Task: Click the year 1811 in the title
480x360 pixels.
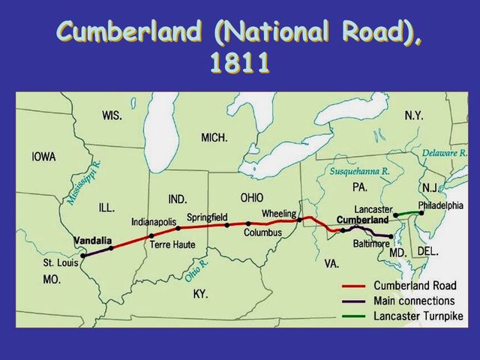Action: click(239, 61)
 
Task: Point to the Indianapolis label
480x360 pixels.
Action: click(153, 222)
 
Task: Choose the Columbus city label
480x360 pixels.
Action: click(262, 232)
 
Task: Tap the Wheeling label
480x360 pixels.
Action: click(279, 214)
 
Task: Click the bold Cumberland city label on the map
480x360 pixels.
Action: click(363, 220)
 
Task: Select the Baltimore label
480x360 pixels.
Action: click(371, 244)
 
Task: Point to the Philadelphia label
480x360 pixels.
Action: click(441, 205)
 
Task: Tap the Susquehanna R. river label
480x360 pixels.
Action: click(360, 171)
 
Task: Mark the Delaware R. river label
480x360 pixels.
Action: click(445, 153)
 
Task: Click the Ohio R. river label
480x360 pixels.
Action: click(196, 269)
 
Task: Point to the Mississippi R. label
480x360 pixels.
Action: click(83, 182)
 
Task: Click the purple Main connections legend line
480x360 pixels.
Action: click(357, 301)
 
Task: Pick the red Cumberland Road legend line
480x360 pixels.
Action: click(357, 286)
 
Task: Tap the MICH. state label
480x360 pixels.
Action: click(214, 137)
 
